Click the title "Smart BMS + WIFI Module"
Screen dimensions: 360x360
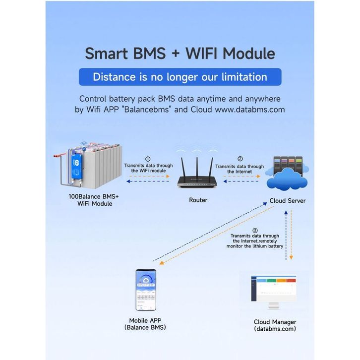coord(180,53)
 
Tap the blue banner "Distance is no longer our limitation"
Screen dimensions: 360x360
coord(180,77)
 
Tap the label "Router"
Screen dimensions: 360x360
coord(198,200)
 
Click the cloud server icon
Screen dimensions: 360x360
coord(287,173)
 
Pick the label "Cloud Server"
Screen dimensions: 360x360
coord(287,201)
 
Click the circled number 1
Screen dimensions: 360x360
coord(148,159)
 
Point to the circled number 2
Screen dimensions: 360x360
coord(240,159)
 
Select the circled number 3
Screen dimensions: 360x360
coord(255,230)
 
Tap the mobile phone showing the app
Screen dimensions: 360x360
coord(146,290)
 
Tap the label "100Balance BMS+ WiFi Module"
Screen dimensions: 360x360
coord(94,200)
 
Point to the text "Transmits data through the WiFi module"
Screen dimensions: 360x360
coord(148,168)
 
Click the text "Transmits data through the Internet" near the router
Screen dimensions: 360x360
coord(240,169)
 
